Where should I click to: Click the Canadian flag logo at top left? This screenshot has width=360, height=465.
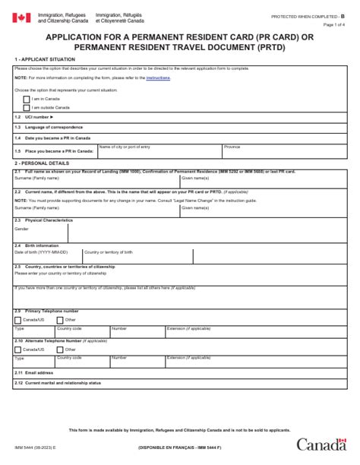pyautogui.click(x=21, y=17)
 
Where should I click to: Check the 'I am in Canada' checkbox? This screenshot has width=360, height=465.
pyautogui.click(x=27, y=99)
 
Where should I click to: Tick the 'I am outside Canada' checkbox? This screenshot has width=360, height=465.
pyautogui.click(x=27, y=107)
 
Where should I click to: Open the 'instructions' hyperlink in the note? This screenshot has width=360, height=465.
pyautogui.click(x=158, y=77)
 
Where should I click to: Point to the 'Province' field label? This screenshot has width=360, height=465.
pyautogui.click(x=232, y=147)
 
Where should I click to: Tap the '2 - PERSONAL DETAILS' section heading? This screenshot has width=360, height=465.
pyautogui.click(x=41, y=163)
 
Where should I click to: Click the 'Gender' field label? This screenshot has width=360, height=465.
pyautogui.click(x=21, y=228)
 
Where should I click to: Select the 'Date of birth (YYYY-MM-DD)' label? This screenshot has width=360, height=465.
pyautogui.click(x=41, y=251)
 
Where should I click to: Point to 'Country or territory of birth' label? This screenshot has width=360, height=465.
pyautogui.click(x=108, y=251)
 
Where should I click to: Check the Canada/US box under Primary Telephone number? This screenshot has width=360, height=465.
pyautogui.click(x=18, y=320)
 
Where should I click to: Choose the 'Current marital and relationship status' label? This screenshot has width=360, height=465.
pyautogui.click(x=61, y=383)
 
